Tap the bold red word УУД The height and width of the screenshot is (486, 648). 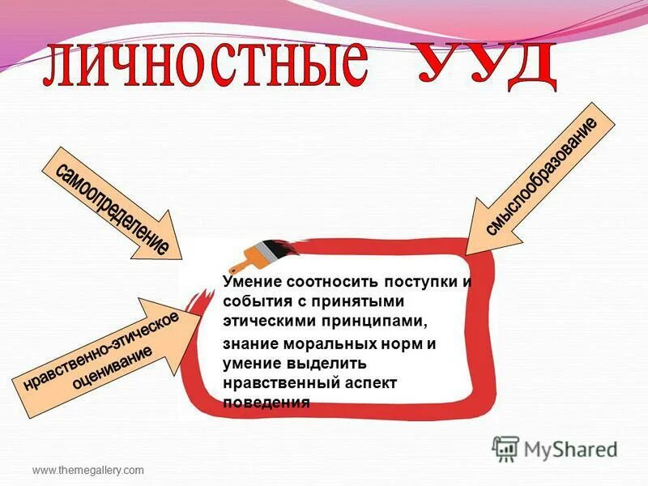(x=486, y=63)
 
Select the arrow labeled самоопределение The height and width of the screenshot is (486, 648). (x=113, y=204)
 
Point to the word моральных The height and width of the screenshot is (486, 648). (x=320, y=344)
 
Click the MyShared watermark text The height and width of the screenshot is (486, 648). (x=570, y=448)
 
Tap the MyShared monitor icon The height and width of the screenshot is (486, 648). (x=505, y=448)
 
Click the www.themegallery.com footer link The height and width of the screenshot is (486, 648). (x=87, y=470)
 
